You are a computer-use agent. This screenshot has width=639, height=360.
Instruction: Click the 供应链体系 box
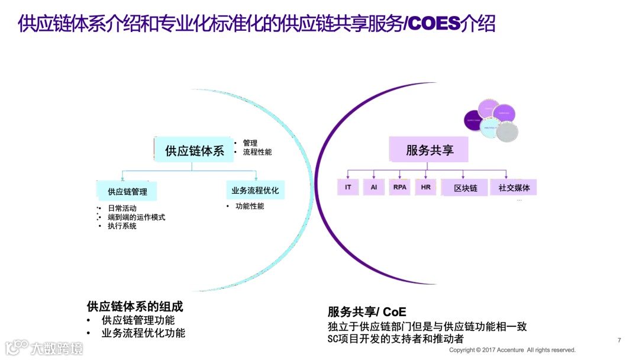coord(195,151)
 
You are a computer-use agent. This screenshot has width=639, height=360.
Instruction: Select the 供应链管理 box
coord(127,191)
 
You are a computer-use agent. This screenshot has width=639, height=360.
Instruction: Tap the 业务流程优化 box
coord(255,191)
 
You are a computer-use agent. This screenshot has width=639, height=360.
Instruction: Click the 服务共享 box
coord(429,150)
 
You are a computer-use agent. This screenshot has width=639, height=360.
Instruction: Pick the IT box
coord(348,188)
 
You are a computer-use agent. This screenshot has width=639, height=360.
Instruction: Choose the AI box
coord(373,188)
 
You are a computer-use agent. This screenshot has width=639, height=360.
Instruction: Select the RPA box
coord(400,188)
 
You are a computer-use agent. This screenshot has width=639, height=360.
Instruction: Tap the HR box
coord(426,188)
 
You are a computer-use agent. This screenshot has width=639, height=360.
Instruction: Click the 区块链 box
coord(465,188)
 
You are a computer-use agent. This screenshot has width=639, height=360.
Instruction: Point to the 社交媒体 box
coord(514,188)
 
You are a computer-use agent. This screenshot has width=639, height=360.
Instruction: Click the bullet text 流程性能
coord(257,152)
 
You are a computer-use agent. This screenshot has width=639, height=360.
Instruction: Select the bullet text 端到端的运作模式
coord(136,217)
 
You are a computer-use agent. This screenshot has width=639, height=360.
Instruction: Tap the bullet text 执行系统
coord(122,226)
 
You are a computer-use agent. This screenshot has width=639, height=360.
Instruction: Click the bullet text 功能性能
coord(250,207)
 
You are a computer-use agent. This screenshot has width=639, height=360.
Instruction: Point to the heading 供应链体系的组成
coord(135,307)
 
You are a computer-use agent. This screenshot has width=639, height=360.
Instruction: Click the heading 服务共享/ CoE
coord(367,312)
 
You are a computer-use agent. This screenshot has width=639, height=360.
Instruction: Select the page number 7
coord(619,340)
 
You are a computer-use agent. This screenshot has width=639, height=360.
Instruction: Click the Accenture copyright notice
coord(512,350)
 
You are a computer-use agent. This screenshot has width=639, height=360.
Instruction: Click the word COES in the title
coord(434,24)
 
